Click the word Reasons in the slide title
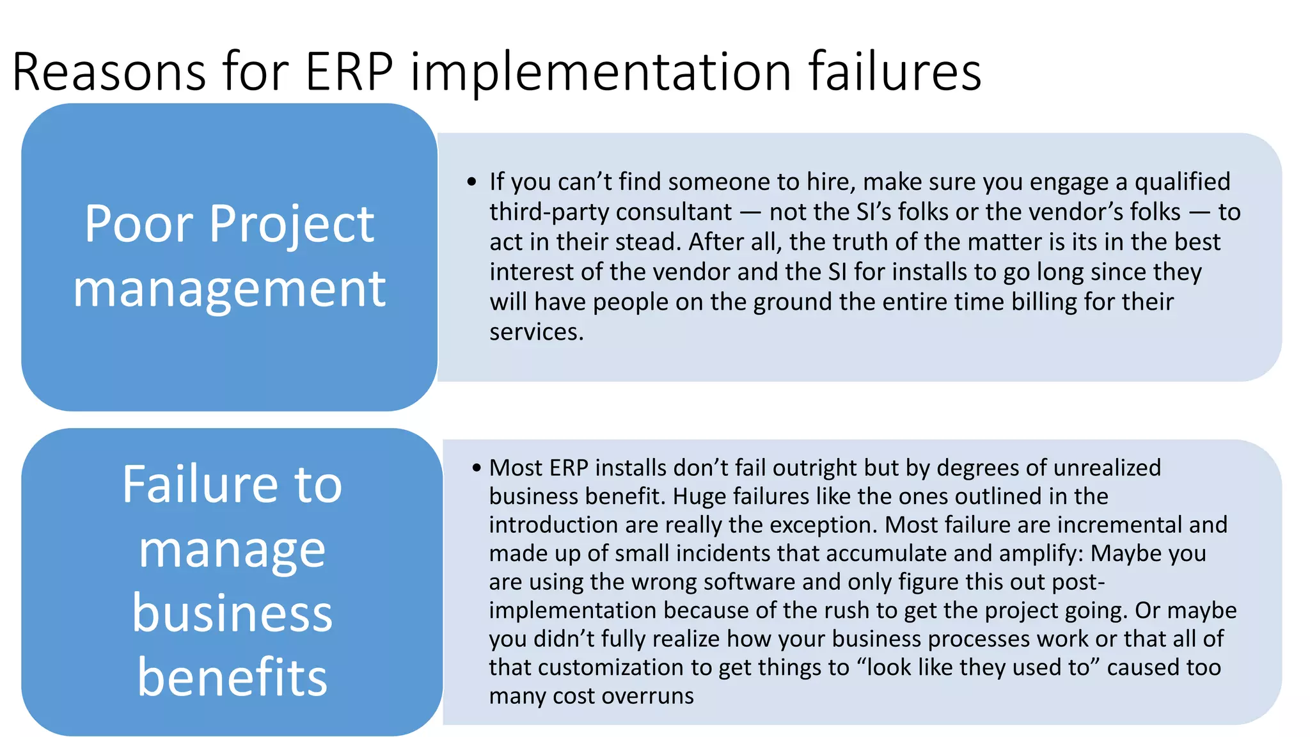coord(109,72)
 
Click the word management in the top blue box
coord(229,289)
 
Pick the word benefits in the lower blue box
coord(232,677)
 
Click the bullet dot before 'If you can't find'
coord(472,182)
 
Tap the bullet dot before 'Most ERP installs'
coord(476,468)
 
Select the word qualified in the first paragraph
coord(1182,182)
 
